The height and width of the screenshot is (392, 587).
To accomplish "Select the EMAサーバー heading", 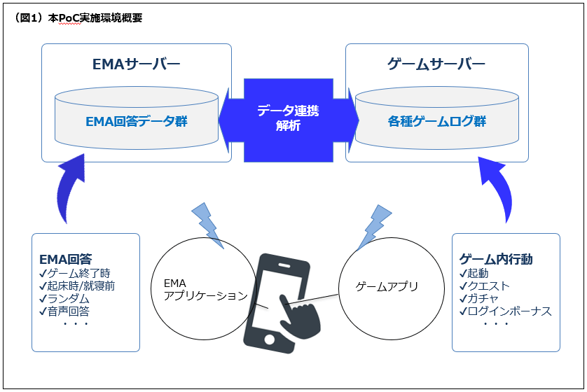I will click(x=136, y=65).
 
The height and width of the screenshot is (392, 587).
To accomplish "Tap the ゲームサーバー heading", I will click(x=436, y=65).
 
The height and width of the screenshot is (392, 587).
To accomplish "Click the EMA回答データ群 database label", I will click(x=136, y=121).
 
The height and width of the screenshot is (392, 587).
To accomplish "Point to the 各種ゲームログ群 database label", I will click(x=437, y=121).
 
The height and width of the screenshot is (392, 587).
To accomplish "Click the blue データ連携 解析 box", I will click(x=288, y=118).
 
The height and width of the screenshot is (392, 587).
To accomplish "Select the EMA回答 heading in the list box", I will click(x=65, y=259).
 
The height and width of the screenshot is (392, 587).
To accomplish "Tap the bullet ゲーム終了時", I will click(x=78, y=273).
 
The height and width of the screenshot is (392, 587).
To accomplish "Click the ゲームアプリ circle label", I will click(x=387, y=286).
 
